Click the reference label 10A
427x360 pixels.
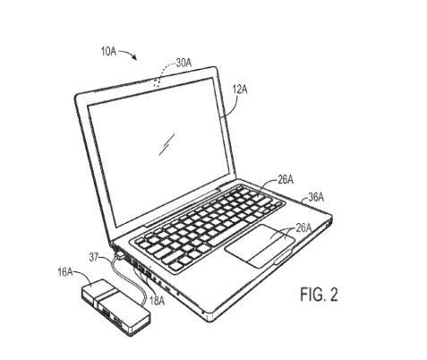point(108,51)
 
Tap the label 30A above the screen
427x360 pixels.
point(184,63)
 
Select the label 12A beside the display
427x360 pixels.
point(240,90)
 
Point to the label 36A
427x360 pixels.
point(316,197)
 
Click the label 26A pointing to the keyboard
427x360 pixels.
point(286,180)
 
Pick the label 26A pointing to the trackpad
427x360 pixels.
point(303,228)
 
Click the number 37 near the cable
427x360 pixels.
point(94,257)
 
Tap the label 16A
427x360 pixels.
point(65,272)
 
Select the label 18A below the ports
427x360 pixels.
point(157,301)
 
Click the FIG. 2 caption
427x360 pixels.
point(319,294)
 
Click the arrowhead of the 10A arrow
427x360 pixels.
point(135,57)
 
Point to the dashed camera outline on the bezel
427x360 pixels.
point(158,82)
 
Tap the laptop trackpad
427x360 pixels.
point(260,246)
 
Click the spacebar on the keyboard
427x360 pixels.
point(228,234)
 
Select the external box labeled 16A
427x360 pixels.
point(115,307)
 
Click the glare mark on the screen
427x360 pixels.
point(167,144)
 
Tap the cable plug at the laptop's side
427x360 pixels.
point(120,255)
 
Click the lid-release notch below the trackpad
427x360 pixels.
point(283,257)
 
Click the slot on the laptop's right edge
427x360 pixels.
point(329,222)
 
